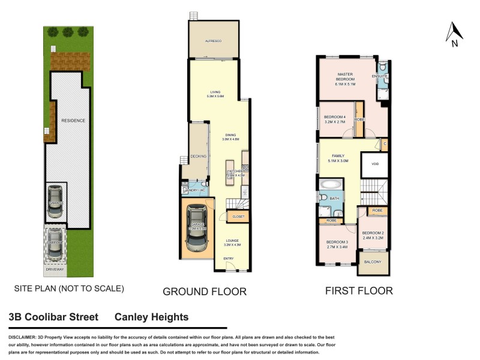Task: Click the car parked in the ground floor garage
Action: pos(197,229)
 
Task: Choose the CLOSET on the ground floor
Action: pos(239,216)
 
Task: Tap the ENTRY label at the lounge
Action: pos(229,259)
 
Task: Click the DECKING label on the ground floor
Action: pos(198,157)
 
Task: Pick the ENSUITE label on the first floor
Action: pos(380,77)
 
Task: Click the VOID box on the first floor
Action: pos(375,164)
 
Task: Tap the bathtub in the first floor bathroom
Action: pos(329,184)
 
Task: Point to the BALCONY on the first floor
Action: pos(373,262)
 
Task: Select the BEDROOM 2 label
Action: pos(373,235)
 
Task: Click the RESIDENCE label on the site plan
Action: pos(73,121)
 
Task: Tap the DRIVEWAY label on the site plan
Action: pos(55,271)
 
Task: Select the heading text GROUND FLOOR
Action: pos(205,292)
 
